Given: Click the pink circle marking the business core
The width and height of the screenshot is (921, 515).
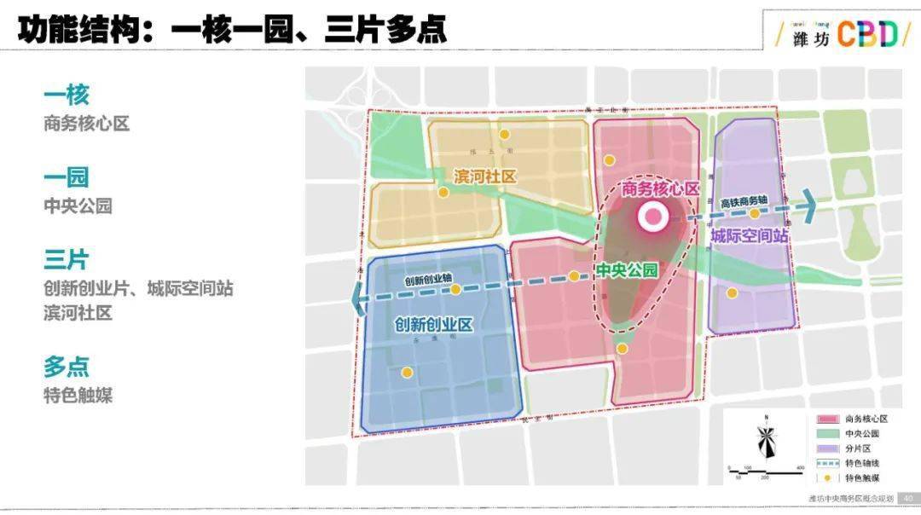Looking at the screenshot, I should [x=654, y=217].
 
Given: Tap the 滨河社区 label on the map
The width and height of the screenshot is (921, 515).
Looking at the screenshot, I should [x=485, y=176].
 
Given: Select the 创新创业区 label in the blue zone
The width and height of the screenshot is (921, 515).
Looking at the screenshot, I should [x=433, y=325].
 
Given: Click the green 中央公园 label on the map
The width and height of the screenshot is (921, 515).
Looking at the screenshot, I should [x=627, y=270].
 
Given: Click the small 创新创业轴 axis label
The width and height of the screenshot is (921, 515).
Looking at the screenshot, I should [x=428, y=280].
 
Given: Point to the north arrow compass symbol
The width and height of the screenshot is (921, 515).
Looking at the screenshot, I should [x=767, y=440].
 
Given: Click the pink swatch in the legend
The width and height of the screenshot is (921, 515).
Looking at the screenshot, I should [x=827, y=419].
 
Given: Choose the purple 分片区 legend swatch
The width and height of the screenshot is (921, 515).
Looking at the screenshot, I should [x=827, y=448].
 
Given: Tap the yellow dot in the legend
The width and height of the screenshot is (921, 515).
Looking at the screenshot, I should [x=827, y=478].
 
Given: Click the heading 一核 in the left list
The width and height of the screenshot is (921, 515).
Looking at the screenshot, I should [x=67, y=94].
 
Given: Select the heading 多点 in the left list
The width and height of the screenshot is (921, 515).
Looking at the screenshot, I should [x=67, y=367].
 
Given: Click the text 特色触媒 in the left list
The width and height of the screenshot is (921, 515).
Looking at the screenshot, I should [x=78, y=396].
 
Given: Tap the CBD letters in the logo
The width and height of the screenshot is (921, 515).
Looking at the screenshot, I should [x=866, y=34].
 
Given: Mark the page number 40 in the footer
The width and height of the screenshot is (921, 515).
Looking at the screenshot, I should [x=908, y=499].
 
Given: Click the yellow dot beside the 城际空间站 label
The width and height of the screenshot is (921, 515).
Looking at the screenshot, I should [x=754, y=214].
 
